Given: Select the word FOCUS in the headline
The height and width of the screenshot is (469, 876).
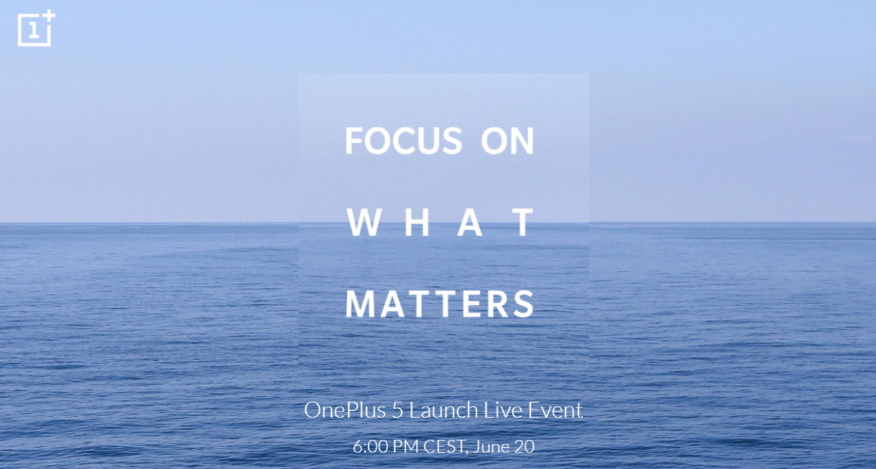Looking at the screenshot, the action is tap(404, 141).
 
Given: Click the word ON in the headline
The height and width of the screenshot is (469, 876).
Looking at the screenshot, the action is tap(508, 141).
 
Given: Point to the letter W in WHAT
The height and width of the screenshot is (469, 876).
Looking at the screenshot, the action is tap(364, 223).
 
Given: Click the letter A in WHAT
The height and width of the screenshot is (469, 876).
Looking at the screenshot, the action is tap(469, 223).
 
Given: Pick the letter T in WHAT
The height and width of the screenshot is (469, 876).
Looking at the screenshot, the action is tap(524, 223).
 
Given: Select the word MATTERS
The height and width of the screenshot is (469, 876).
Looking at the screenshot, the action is tap(440, 304).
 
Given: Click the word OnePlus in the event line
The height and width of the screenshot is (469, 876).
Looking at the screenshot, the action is tap(345, 411).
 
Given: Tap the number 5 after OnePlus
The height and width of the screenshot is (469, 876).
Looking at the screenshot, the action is tap(397, 411).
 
